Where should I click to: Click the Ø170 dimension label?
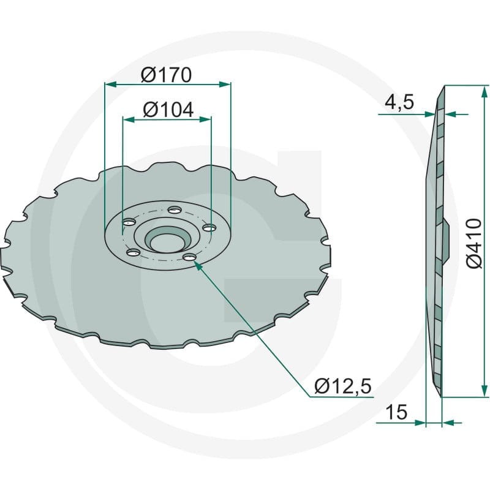(166, 75)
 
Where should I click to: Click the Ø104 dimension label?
(168, 110)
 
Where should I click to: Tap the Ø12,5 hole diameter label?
(343, 386)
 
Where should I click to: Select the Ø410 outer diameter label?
(473, 243)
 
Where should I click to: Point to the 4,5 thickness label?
(399, 102)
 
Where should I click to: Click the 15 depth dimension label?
(396, 412)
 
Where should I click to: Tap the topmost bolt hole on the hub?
(175, 209)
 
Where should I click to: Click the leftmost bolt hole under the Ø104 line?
(129, 222)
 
